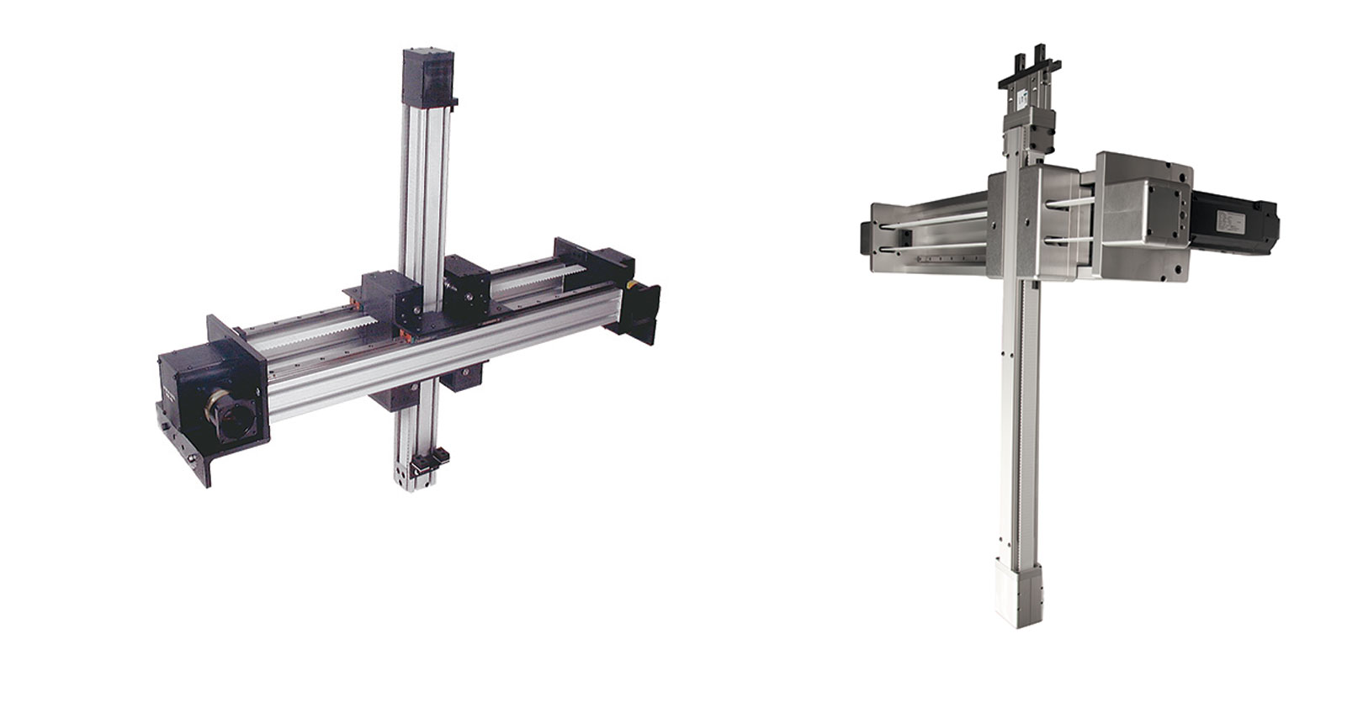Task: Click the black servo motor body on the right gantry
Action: [1235, 217]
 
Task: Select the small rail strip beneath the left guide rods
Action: [934, 260]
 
